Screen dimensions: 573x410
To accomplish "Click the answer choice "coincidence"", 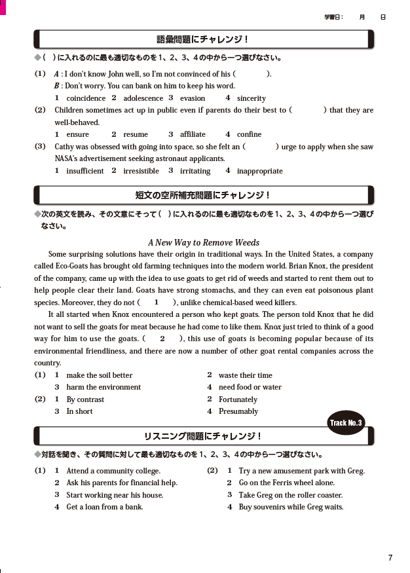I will (86, 98).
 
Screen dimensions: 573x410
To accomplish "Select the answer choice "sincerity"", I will (251, 98).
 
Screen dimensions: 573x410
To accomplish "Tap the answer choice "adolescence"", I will (143, 98).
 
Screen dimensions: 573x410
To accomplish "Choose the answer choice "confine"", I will (249, 134).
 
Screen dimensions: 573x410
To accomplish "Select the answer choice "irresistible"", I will (141, 171).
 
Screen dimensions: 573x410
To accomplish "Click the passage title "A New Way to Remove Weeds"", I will (204, 242).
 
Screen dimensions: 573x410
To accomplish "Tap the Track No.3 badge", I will (346, 422).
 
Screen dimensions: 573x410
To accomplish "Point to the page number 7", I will (390, 558).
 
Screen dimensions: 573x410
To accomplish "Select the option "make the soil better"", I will (100, 375).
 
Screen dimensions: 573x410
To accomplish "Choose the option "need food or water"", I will (250, 387).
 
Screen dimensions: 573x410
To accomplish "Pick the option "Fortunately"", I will (238, 399).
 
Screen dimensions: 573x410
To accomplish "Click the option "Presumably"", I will (238, 411).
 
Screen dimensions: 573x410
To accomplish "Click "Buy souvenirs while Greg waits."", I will (291, 507).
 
